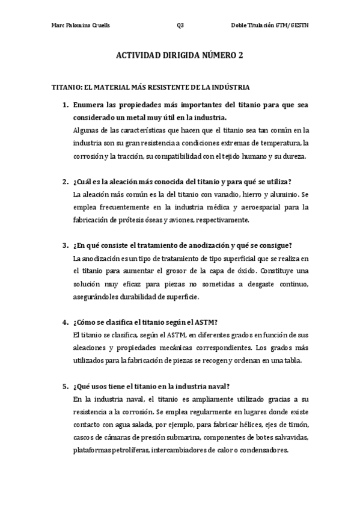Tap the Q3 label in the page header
tap(180, 25)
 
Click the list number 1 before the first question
tap(65, 105)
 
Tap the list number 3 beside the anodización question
tap(65, 245)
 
